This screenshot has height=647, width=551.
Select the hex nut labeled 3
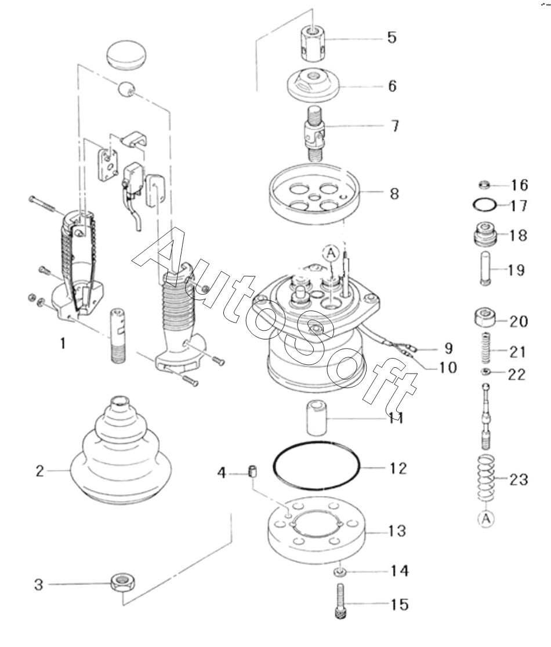[124, 583]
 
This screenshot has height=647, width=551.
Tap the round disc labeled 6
[313, 84]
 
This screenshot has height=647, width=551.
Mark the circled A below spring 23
[487, 518]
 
